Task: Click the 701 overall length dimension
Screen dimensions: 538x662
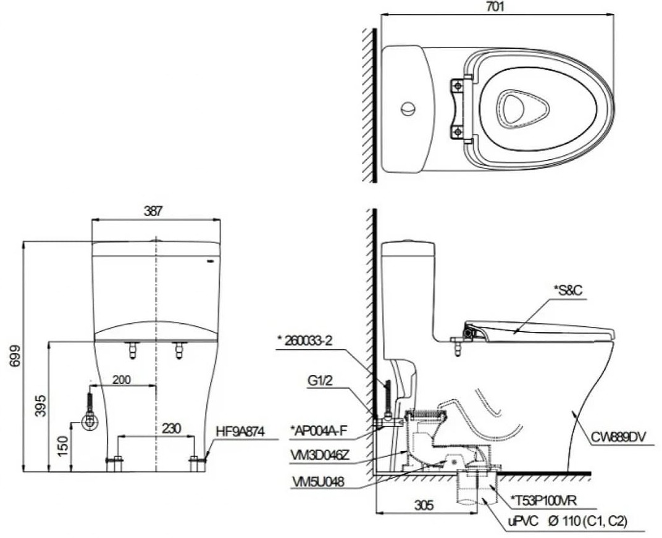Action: pos(495,7)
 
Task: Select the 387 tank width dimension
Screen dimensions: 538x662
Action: pos(153,211)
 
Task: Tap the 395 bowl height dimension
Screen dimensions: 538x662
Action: pos(40,406)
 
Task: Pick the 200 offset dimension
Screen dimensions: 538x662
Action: pos(121,380)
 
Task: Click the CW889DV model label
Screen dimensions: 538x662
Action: pos(619,437)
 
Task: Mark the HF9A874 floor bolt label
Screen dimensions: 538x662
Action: pos(240,432)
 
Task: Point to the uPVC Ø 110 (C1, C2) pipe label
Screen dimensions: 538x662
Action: pos(568,522)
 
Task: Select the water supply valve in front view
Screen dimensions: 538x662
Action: pos(90,421)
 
